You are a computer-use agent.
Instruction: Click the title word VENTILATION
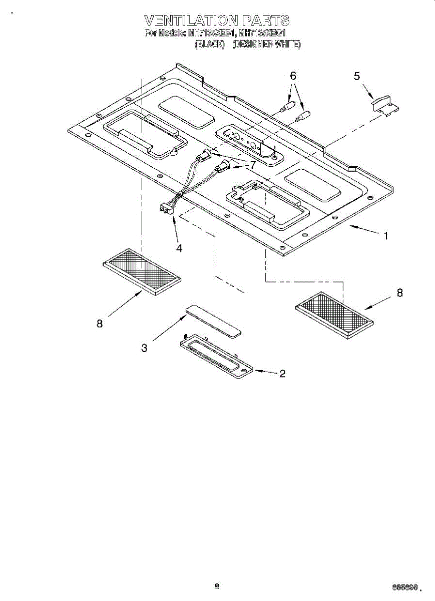pyautogui.click(x=191, y=21)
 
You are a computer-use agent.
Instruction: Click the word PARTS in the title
pyautogui.click(x=265, y=21)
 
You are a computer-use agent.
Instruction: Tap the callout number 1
pyautogui.click(x=385, y=235)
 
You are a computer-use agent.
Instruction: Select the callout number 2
pyautogui.click(x=283, y=373)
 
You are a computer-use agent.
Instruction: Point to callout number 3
pyautogui.click(x=144, y=348)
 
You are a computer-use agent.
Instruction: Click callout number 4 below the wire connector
pyautogui.click(x=179, y=248)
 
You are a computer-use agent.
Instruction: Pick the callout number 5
pyautogui.click(x=357, y=76)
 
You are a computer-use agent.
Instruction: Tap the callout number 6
pyautogui.click(x=293, y=76)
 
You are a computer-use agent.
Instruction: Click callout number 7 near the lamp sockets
pyautogui.click(x=253, y=164)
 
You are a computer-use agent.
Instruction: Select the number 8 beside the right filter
pyautogui.click(x=399, y=293)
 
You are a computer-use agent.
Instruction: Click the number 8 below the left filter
pyautogui.click(x=100, y=324)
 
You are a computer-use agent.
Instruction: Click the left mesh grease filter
pyautogui.click(x=142, y=271)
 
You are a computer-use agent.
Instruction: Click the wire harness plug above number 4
pyautogui.click(x=166, y=208)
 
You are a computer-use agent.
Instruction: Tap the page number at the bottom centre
pyautogui.click(x=217, y=586)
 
